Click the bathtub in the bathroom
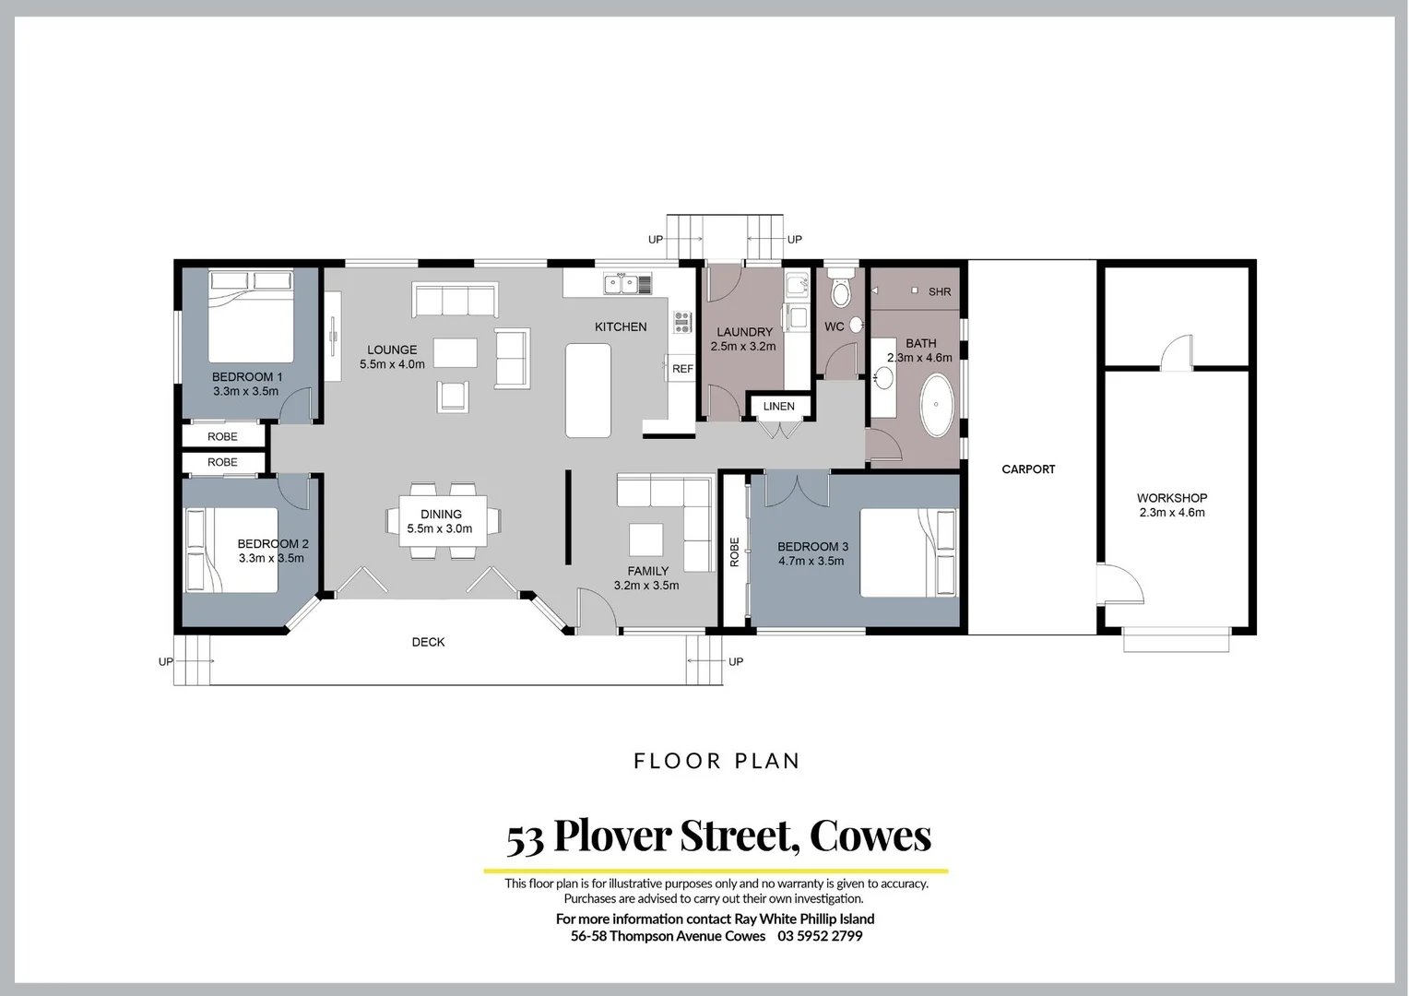[x=937, y=406]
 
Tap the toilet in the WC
[x=839, y=290]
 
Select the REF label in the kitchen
[x=682, y=369]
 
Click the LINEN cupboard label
[x=778, y=407]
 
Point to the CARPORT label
[x=1028, y=469]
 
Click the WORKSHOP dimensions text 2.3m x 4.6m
[x=1171, y=513]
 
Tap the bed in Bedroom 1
[x=251, y=316]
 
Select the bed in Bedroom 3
[x=907, y=551]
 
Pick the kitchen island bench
[x=588, y=390]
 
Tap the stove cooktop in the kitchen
[x=682, y=322]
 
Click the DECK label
[x=428, y=642]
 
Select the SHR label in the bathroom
[x=940, y=291]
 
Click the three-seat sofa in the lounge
[x=456, y=301]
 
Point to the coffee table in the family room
[x=645, y=538]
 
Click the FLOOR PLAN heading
[x=716, y=761]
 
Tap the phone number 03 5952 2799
[x=820, y=936]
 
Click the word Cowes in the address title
[x=870, y=836]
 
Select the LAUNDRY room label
[x=744, y=332]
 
